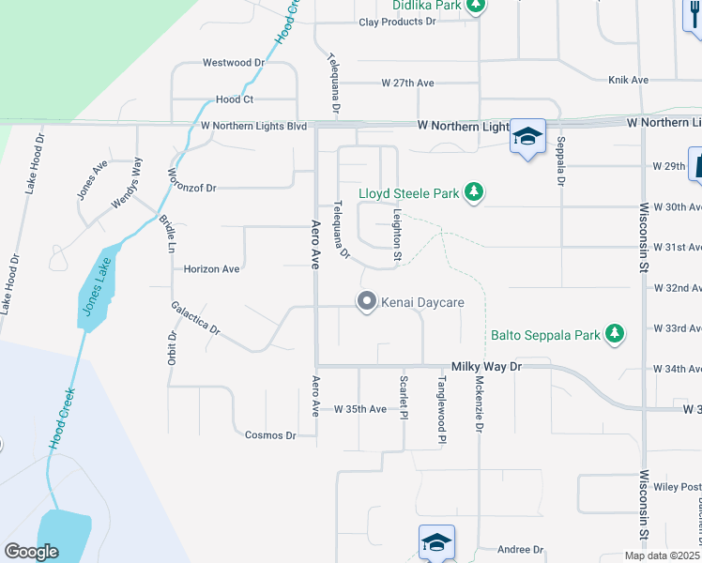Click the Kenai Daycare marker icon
(x=366, y=302)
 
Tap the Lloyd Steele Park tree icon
(x=475, y=193)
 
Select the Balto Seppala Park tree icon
(x=615, y=333)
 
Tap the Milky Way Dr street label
(x=485, y=367)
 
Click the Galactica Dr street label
(x=195, y=318)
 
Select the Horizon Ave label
(x=212, y=268)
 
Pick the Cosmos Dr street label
(x=270, y=434)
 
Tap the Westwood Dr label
(x=234, y=63)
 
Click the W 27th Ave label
(x=407, y=83)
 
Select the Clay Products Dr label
(x=412, y=22)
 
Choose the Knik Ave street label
(x=628, y=80)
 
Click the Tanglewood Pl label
(x=441, y=410)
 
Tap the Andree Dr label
(x=521, y=550)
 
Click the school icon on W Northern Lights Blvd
(x=527, y=136)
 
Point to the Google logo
(x=32, y=552)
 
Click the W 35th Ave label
(x=359, y=409)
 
